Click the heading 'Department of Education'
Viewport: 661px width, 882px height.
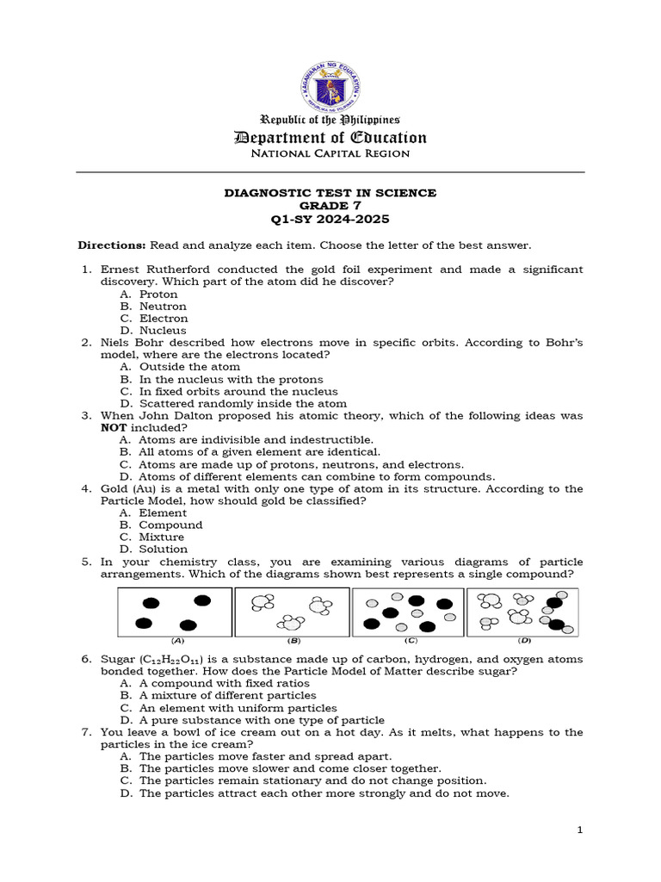click(x=330, y=137)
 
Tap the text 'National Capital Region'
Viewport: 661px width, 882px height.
click(x=330, y=154)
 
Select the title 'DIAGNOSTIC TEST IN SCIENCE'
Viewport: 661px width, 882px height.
click(x=330, y=193)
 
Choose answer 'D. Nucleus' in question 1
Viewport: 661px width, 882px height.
click(x=153, y=331)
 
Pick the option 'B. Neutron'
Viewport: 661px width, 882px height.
click(x=153, y=307)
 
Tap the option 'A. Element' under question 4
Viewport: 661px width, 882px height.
click(x=153, y=512)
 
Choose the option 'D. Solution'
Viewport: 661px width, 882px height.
click(x=154, y=549)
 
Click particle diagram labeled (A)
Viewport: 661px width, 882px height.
click(x=175, y=612)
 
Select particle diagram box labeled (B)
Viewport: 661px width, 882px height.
click(x=292, y=612)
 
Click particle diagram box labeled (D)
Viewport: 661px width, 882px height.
click(x=522, y=612)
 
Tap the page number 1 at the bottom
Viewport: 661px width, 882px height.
click(x=580, y=829)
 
